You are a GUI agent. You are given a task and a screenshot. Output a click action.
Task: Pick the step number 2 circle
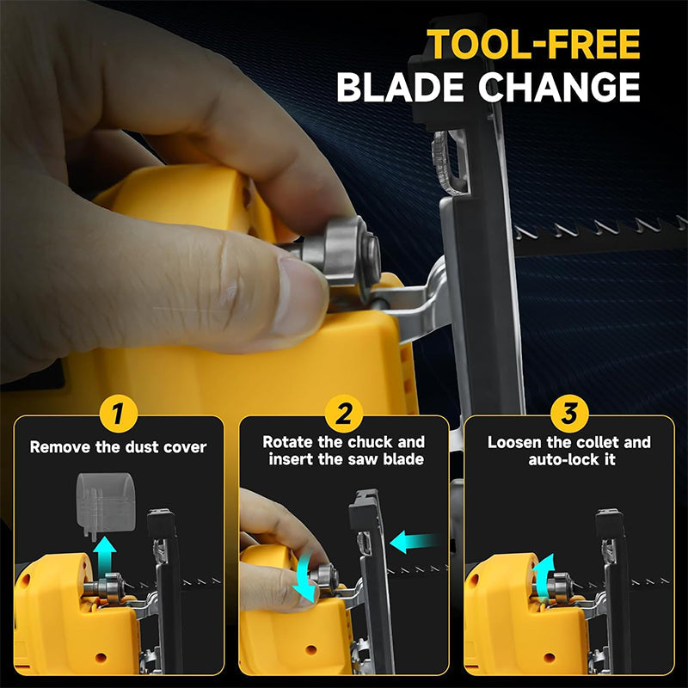[343, 415]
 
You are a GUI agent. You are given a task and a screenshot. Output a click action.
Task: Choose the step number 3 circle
[568, 415]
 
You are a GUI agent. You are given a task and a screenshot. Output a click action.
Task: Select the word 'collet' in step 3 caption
[602, 443]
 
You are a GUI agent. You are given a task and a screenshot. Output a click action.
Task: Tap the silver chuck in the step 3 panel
[548, 588]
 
